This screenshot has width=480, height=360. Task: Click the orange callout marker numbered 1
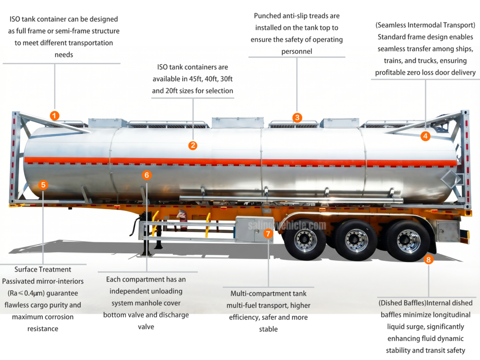point(55,115)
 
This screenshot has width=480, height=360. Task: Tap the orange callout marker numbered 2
point(193,145)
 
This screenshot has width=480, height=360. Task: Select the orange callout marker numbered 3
point(297,117)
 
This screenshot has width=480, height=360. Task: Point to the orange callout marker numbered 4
point(425,136)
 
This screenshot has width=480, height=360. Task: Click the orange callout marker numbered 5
point(43,185)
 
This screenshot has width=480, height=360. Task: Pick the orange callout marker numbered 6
point(147,175)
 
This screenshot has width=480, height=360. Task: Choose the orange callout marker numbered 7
point(268,233)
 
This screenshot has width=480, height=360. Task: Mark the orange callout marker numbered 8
point(428,260)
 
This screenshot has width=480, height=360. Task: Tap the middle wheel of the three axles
point(356,240)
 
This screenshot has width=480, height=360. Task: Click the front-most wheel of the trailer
point(305,240)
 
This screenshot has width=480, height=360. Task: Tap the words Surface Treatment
point(43,270)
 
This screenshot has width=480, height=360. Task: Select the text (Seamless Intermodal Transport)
point(425,25)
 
